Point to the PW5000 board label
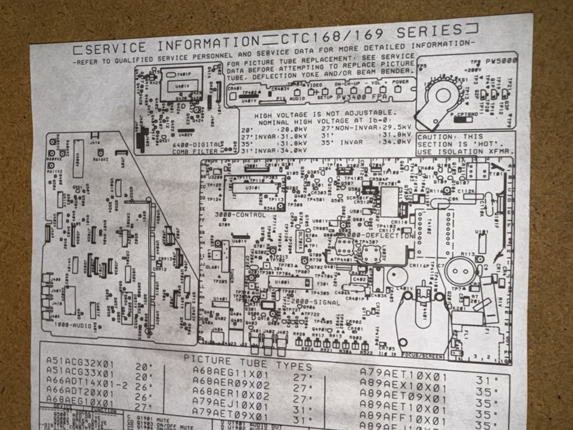pos(501,60)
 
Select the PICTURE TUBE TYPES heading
pos(247,362)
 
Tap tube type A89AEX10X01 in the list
pos(403,387)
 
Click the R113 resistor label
pos(467,254)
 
